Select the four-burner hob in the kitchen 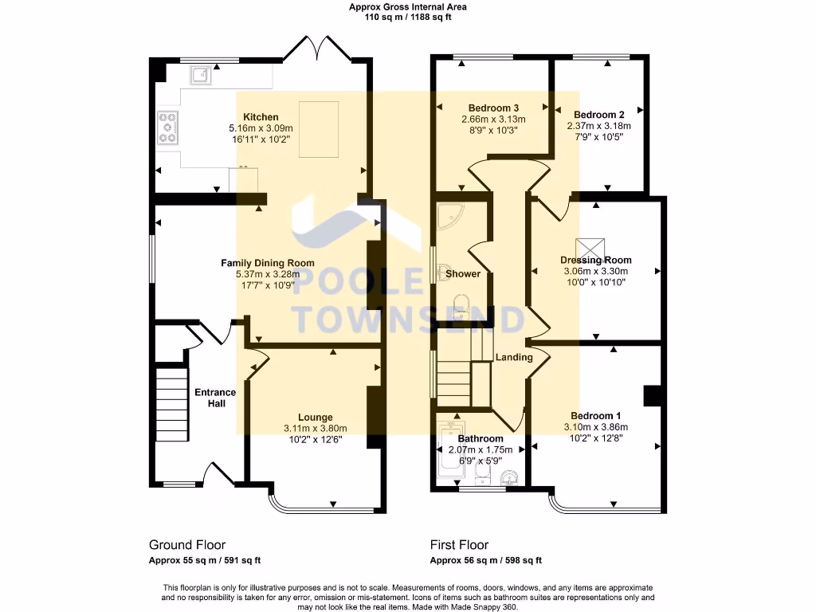[x=168, y=127]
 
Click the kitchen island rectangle [x=318, y=129]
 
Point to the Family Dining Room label [x=267, y=262]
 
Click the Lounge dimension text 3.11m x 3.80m [x=316, y=428]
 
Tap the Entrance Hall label [x=215, y=398]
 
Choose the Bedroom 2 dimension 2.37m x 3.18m [x=598, y=126]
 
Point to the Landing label [x=514, y=357]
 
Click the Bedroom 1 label [x=595, y=416]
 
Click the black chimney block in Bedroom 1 [x=653, y=396]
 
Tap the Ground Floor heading [x=187, y=545]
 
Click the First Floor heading [x=459, y=545]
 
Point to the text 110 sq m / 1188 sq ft [x=408, y=18]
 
